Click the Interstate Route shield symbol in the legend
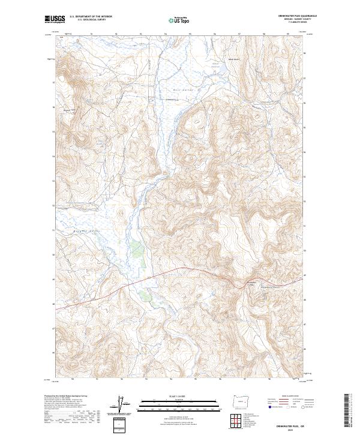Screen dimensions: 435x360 click(x=269, y=407)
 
